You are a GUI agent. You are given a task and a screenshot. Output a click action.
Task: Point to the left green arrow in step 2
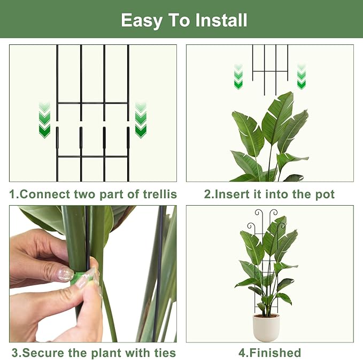(x=238, y=77)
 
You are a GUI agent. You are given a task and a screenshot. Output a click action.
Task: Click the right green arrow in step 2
(x=302, y=77)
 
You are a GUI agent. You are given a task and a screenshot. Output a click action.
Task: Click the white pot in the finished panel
(x=266, y=327)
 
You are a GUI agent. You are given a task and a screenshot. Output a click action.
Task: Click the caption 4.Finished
(x=269, y=353)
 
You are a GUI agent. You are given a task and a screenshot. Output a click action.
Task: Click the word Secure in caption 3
(x=43, y=353)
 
